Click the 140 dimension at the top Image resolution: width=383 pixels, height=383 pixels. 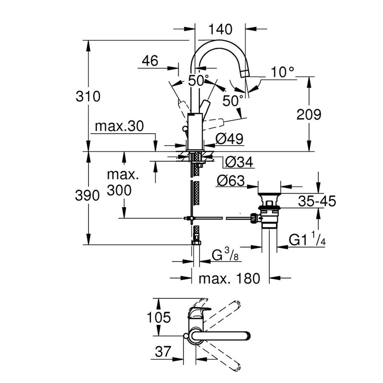(220, 29)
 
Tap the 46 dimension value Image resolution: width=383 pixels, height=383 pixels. (149, 61)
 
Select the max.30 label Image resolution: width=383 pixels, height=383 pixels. (120, 126)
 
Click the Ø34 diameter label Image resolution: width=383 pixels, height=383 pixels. (239, 162)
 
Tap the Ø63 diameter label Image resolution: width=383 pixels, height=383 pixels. (230, 181)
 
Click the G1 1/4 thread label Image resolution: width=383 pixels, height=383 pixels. (307, 240)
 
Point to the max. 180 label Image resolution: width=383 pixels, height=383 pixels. (229, 279)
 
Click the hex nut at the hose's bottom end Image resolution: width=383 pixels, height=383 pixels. (196, 243)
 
